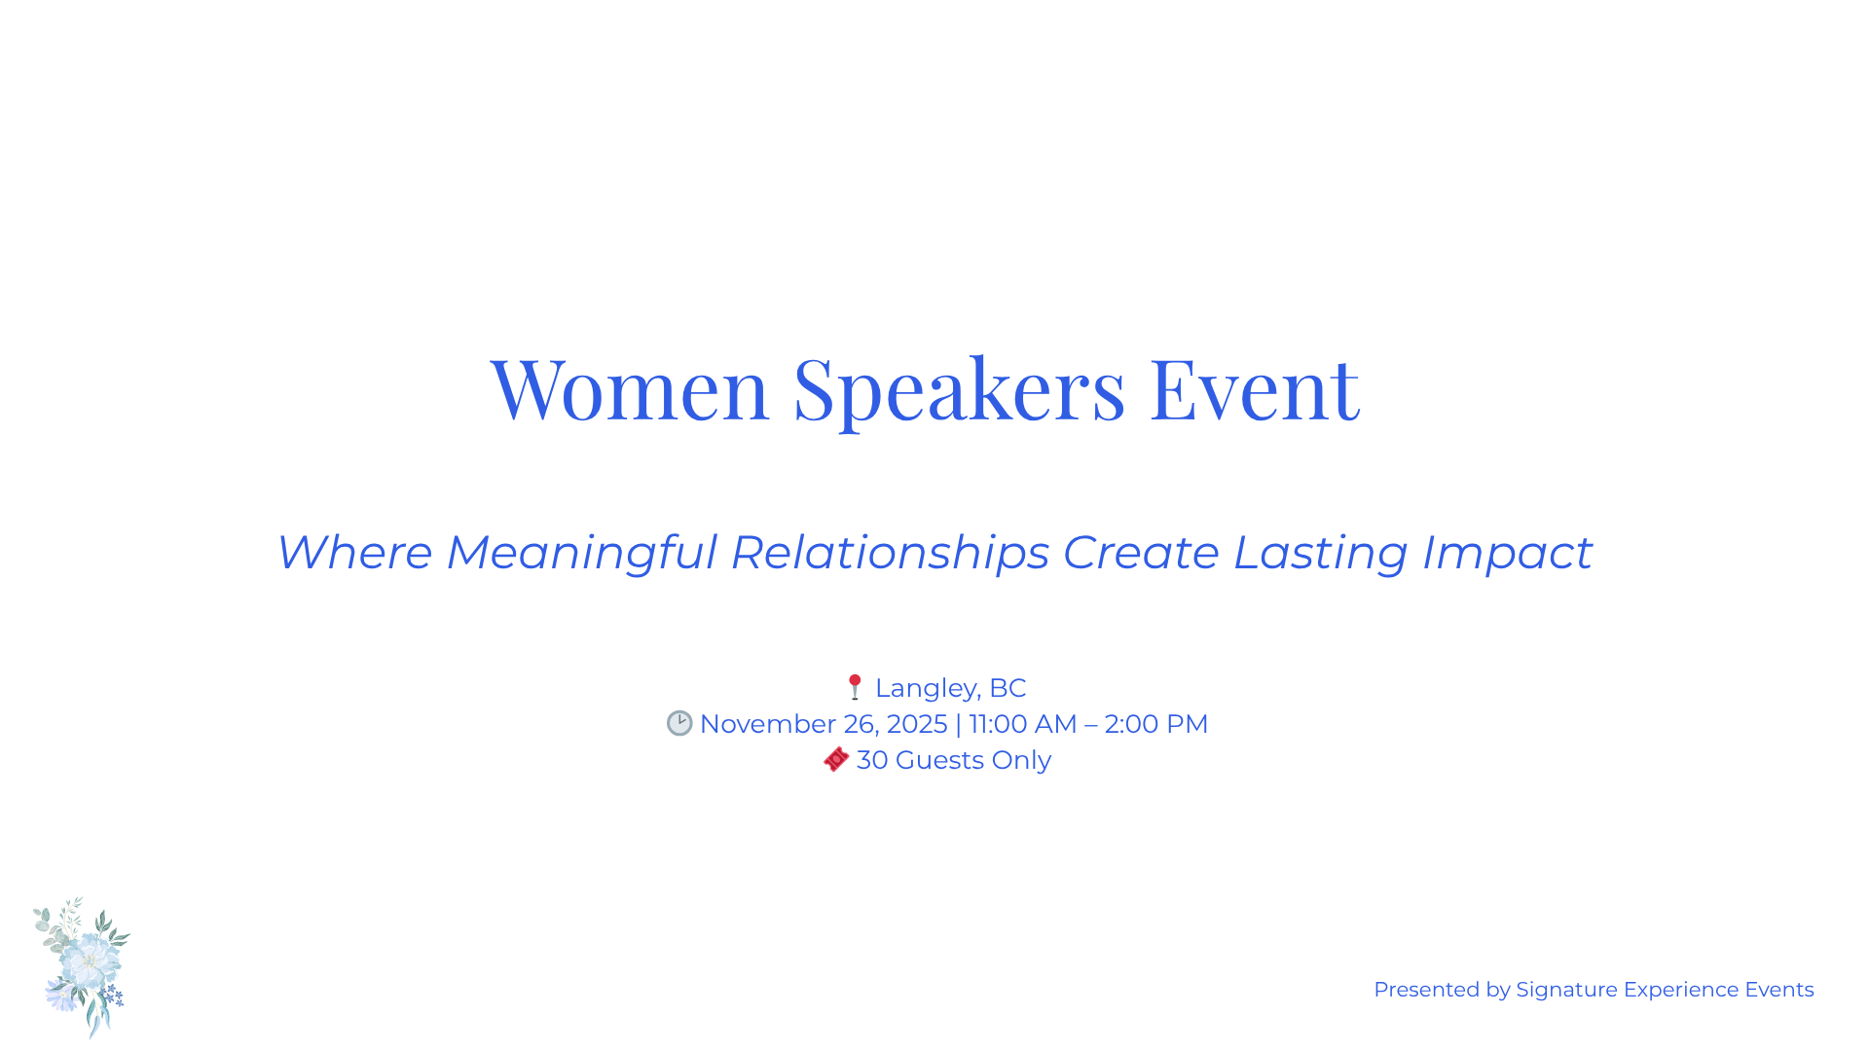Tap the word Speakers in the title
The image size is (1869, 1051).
coord(959,389)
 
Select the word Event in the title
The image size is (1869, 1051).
coord(1254,389)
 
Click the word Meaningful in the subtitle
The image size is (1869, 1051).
coord(581,553)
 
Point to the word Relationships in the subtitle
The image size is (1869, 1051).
coord(890,553)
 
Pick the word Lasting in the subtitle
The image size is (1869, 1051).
coord(1320,553)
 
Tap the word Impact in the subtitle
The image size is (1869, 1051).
coord(1507,553)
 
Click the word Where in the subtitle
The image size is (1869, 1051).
coord(354,553)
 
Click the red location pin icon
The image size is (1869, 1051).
coord(855,687)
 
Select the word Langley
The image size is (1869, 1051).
coord(927,688)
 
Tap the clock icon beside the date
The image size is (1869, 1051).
coord(679,723)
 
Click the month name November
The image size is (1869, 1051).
coord(768,724)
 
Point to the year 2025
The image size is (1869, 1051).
coord(916,724)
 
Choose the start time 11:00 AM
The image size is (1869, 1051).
coord(1023,724)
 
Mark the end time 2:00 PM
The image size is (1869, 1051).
coord(1155,724)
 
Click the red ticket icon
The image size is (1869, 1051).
coord(836,759)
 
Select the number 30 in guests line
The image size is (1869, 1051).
coord(872,760)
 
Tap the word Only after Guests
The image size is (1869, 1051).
coord(1021,760)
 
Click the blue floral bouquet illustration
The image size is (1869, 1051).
coord(84,966)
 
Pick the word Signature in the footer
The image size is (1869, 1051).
coord(1566,990)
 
